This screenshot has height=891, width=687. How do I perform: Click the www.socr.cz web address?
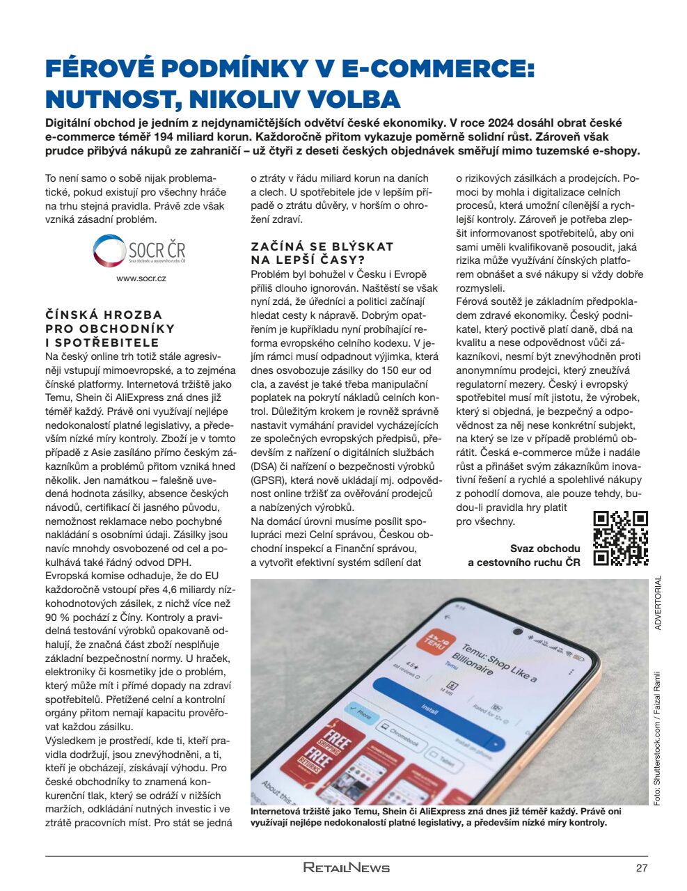click(x=141, y=278)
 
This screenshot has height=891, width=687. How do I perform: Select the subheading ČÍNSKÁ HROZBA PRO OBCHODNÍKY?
click(x=110, y=322)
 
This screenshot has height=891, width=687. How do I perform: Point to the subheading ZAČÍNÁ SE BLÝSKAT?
click(x=322, y=246)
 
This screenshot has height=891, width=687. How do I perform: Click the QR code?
click(x=620, y=538)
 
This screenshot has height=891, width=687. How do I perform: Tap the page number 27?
click(x=641, y=867)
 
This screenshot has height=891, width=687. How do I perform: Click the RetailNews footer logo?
click(x=346, y=867)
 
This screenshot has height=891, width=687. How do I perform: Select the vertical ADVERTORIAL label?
click(x=658, y=603)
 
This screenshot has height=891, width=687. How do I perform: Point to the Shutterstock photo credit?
click(x=657, y=738)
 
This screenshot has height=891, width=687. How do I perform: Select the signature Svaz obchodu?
click(x=544, y=549)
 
